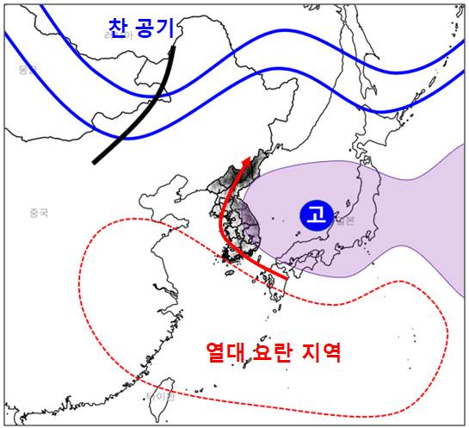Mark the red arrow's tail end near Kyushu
pos(285,278)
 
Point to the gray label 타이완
pos(160,396)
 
